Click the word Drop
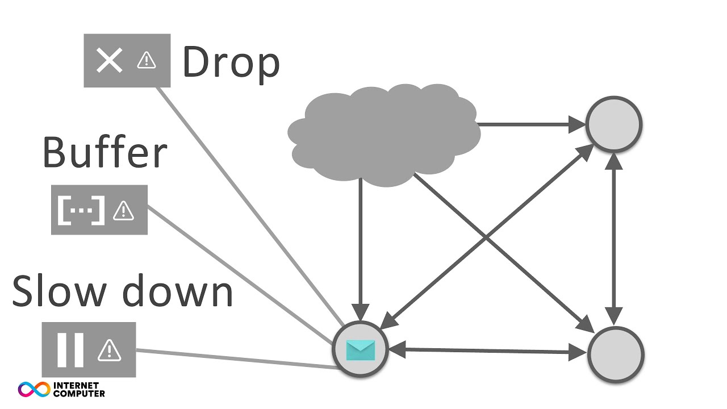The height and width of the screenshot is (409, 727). [x=231, y=64]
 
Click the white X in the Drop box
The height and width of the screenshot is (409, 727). [x=109, y=60]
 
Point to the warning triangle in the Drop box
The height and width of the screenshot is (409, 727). [x=147, y=60]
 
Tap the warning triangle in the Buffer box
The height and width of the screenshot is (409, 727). [x=123, y=211]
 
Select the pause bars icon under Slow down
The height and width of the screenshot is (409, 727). [x=70, y=349]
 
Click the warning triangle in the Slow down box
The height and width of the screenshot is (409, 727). [x=109, y=349]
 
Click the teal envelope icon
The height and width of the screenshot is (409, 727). [x=360, y=349]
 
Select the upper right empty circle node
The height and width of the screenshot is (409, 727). [x=613, y=124]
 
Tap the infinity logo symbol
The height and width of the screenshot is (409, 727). [x=34, y=389]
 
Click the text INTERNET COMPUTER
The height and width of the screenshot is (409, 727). [x=79, y=389]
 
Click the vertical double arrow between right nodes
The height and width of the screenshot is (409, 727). [x=614, y=239]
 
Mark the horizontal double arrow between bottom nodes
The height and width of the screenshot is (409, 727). [x=488, y=352]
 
